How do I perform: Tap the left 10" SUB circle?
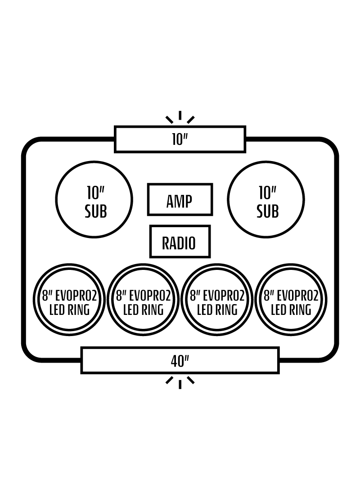(x=56, y=199)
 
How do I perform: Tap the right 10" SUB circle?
(x=228, y=199)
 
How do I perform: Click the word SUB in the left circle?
(x=96, y=211)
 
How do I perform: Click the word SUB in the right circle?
(x=268, y=211)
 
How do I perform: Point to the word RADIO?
(x=179, y=243)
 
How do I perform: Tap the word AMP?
(x=180, y=202)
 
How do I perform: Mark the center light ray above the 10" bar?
(x=180, y=115)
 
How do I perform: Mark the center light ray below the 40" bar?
(x=180, y=385)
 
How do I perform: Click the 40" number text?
(x=180, y=361)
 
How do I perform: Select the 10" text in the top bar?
(x=180, y=139)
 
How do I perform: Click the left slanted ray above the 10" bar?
(x=169, y=120)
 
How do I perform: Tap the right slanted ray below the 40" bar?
(x=191, y=380)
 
